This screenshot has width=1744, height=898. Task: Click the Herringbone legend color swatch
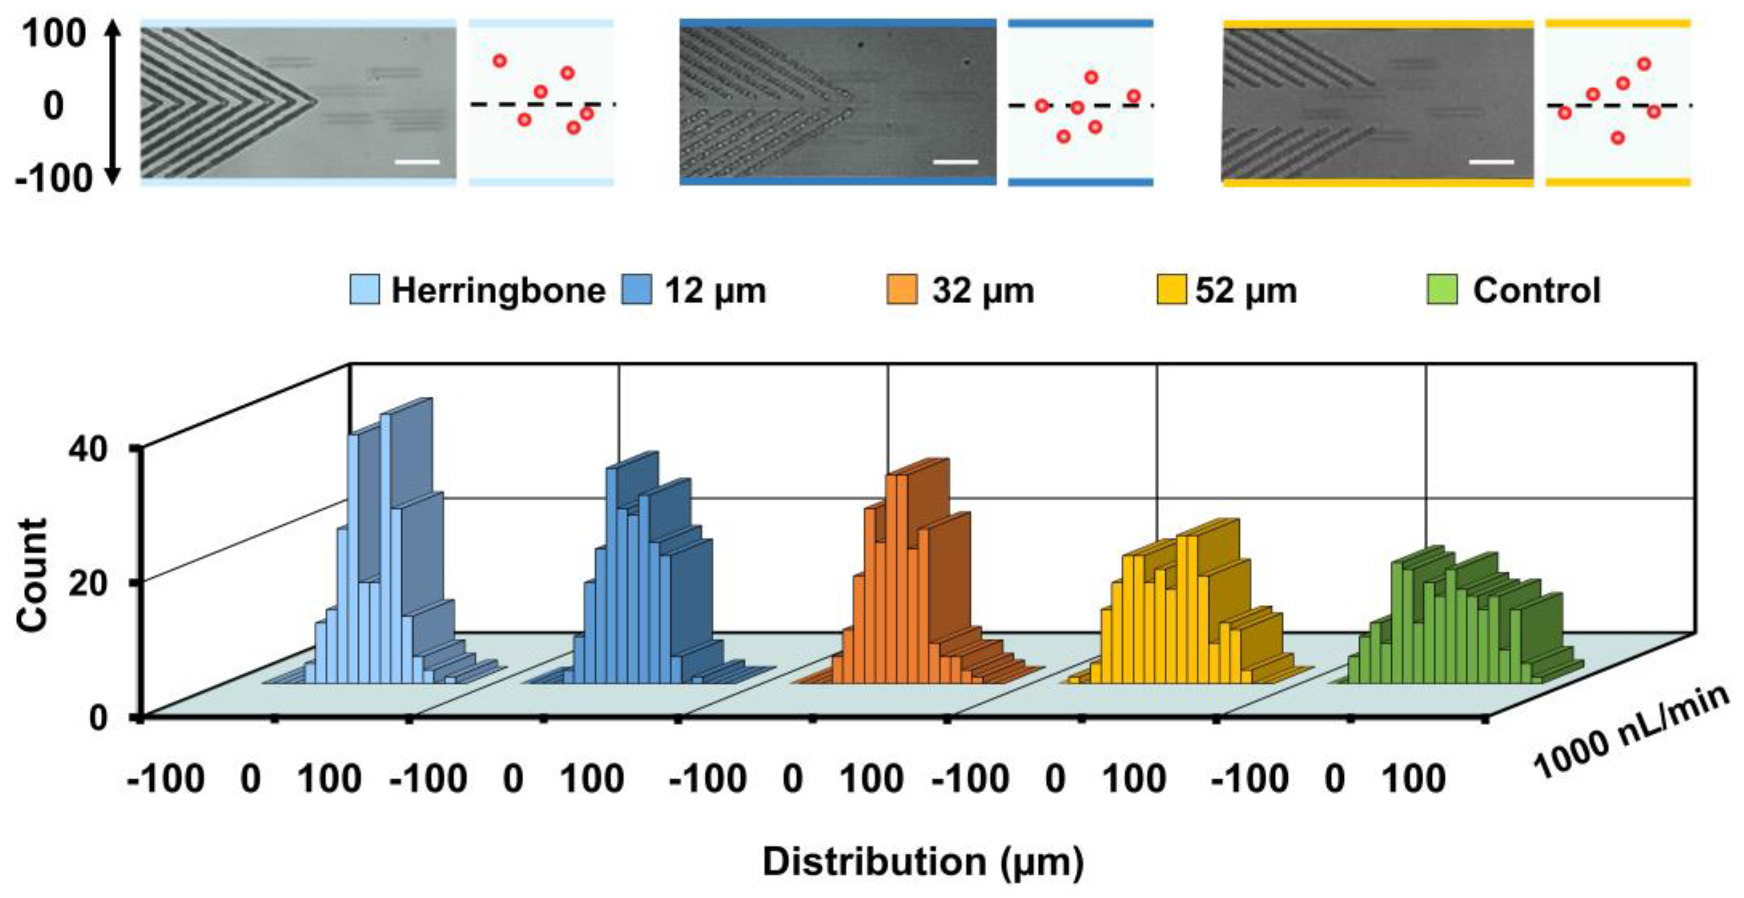coord(364,290)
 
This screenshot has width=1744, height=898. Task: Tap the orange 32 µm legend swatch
coord(902,290)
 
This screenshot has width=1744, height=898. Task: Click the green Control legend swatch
coord(1441,290)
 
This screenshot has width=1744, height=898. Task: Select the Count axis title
coord(33,576)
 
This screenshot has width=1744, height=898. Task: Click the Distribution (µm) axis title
coord(923,862)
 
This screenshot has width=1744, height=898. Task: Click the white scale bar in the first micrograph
coord(416,162)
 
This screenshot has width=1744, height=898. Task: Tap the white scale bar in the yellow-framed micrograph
coord(1492,162)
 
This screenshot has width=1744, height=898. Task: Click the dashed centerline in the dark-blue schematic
coord(1111,106)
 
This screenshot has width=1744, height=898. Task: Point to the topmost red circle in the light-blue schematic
coord(500,61)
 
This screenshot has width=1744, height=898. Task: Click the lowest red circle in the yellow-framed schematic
coord(1618,138)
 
